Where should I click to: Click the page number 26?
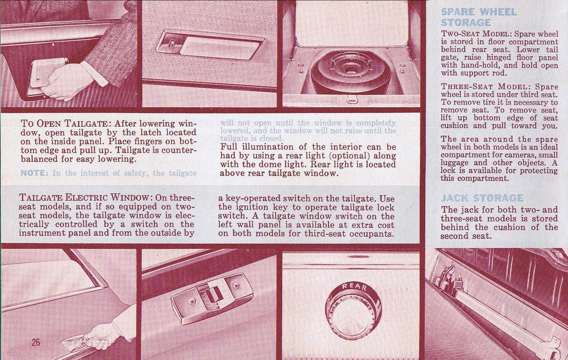(36, 343)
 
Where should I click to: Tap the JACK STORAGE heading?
(482, 198)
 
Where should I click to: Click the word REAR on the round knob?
(354, 287)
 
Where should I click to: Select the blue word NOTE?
(34, 173)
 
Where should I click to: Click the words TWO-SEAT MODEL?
(476, 34)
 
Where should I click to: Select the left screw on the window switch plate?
(192, 301)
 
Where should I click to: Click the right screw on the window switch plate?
(236, 286)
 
